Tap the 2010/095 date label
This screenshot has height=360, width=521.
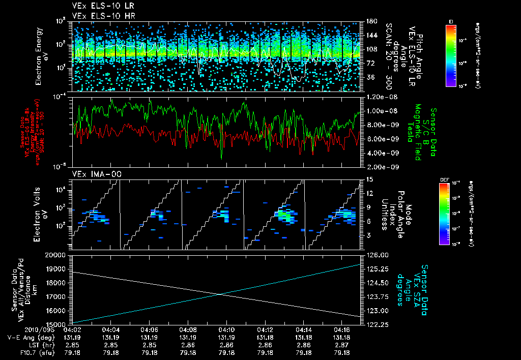click(21, 329)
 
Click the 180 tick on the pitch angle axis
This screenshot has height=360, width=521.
click(370, 21)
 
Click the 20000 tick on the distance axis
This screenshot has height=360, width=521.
click(57, 255)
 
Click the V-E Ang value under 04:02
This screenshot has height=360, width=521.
click(73, 337)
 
